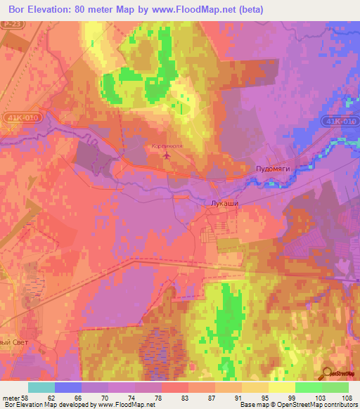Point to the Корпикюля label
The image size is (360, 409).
pyautogui.click(x=167, y=145)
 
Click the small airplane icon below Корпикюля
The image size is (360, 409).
pyautogui.click(x=167, y=154)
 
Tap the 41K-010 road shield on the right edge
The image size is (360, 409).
pyautogui.click(x=340, y=122)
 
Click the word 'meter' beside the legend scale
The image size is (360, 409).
pyautogui.click(x=11, y=398)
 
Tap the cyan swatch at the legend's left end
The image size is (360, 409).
pyautogui.click(x=41, y=387)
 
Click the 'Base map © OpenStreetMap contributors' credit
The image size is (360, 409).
pyautogui.click(x=298, y=405)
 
